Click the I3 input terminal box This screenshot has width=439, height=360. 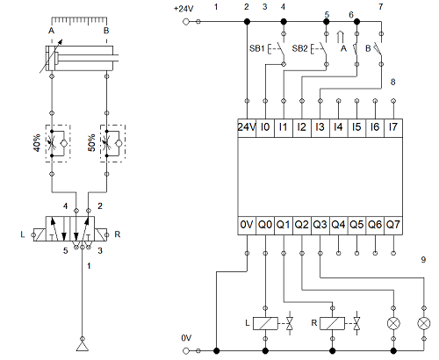pos(320,127)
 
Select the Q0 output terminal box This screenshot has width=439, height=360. pos(265,226)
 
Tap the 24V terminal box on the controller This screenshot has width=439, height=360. pos(247,127)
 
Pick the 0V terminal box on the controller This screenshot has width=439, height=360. pos(247,226)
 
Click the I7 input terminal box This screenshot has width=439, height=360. pos(393,127)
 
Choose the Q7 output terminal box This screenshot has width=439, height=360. pos(393,226)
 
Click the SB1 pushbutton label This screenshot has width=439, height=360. pos(257,48)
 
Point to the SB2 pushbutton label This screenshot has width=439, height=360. pos(299,48)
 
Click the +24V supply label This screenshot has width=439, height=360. pos(184,9)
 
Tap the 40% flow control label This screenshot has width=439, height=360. pos(37,143)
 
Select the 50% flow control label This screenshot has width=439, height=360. pos(91,143)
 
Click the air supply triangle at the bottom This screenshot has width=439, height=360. pos(83,346)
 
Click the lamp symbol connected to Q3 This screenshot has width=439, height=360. pos(424,323)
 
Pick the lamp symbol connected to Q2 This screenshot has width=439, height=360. pos(393,323)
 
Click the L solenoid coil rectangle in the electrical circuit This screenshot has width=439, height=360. pos(265,323)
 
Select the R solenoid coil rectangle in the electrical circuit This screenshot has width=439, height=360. pos(332,323)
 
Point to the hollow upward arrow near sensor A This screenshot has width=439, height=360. pos(340,37)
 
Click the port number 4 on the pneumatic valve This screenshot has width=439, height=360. pos(66,206)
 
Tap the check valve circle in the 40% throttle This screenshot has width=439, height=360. pos(64,143)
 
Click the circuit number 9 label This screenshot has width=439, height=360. pos(423,260)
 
